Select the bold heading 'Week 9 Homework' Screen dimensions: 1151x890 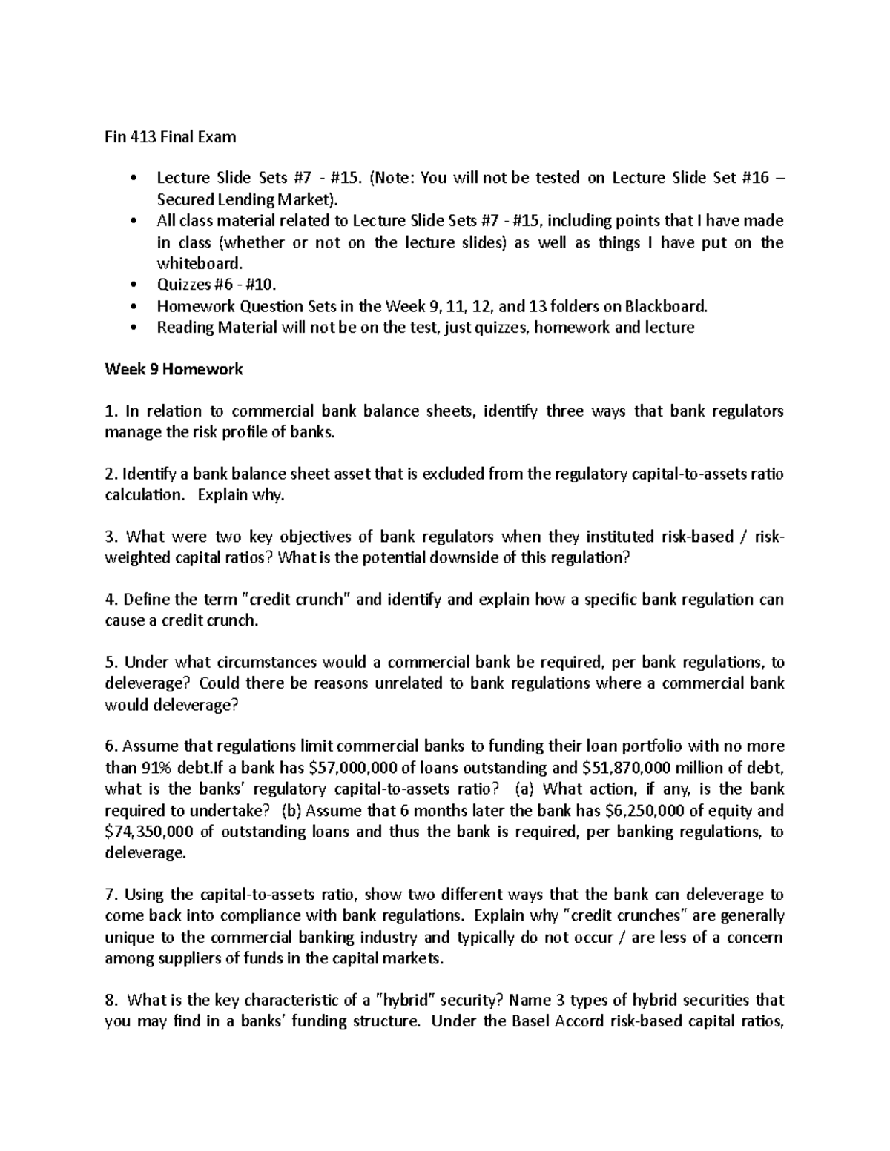click(x=174, y=369)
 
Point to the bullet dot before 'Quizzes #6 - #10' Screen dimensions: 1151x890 click(x=133, y=285)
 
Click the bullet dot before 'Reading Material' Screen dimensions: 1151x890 click(x=133, y=328)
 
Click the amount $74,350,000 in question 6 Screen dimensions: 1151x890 click(x=149, y=832)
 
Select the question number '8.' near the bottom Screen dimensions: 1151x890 click(x=111, y=1000)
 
